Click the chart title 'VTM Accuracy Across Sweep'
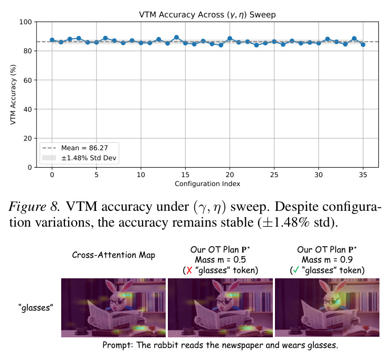tap(207, 15)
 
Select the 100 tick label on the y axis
tap(26, 22)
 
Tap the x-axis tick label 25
tap(274, 175)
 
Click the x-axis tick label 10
tap(141, 175)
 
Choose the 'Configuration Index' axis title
tap(207, 184)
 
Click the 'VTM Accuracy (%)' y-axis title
tap(13, 95)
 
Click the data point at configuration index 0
tap(52, 40)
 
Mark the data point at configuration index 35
tap(363, 45)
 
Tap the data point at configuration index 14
tap(176, 37)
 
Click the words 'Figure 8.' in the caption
tap(34, 207)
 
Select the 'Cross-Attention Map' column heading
tap(113, 255)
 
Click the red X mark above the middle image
tap(189, 270)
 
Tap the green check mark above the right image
tap(296, 270)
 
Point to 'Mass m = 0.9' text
tap(327, 260)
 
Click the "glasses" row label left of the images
tap(36, 308)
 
